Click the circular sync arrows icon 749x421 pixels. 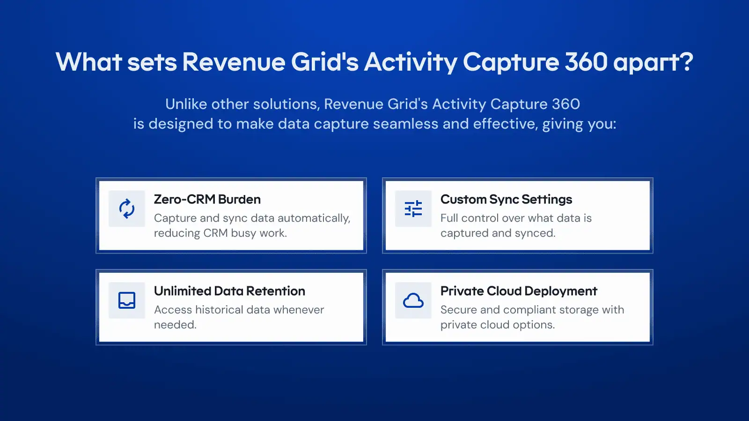coord(127,209)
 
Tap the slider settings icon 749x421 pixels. coord(413,209)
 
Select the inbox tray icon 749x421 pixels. coord(127,300)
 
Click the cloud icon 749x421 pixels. coord(413,300)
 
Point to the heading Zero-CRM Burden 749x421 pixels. coord(207,199)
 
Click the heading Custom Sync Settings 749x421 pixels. coord(506,199)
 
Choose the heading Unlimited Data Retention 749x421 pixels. coord(229,290)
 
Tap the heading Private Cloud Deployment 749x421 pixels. coord(519,290)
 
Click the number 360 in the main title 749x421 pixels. coord(586,62)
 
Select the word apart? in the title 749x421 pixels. coord(654,63)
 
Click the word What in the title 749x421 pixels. coord(88,62)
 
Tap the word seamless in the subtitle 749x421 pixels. coord(405,123)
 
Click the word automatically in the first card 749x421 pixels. coord(314,218)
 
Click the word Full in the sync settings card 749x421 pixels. coord(449,218)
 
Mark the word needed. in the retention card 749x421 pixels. coord(175,325)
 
